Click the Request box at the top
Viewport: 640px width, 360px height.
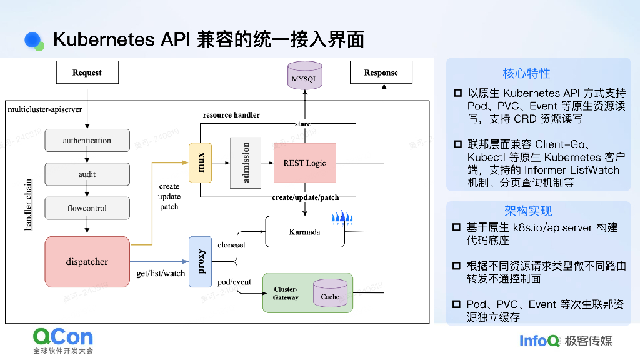[87, 72]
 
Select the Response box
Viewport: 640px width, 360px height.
[381, 72]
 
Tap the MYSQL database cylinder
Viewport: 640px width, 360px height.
[305, 78]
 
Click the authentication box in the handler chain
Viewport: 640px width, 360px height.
[87, 141]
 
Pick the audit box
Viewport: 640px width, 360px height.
[87, 174]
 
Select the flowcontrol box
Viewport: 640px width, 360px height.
[87, 208]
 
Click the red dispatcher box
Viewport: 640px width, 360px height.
[87, 262]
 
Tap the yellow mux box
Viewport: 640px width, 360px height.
[201, 162]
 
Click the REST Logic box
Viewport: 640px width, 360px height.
[304, 163]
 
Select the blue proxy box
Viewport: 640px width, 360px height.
[201, 262]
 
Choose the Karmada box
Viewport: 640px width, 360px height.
[304, 232]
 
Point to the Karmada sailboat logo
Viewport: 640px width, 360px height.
[342, 219]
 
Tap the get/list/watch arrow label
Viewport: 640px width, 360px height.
[161, 274]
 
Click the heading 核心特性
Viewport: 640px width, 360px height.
[526, 73]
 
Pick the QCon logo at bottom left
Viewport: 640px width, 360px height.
[63, 337]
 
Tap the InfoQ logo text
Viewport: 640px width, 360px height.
[539, 341]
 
